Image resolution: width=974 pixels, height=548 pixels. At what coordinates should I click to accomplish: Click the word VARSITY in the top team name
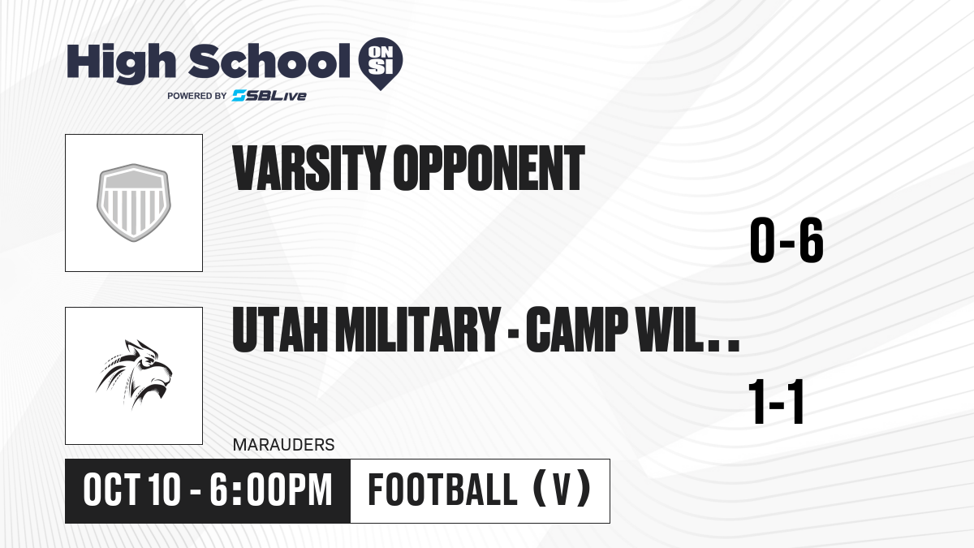[x=309, y=168]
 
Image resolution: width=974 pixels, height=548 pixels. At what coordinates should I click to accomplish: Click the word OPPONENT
[x=489, y=168]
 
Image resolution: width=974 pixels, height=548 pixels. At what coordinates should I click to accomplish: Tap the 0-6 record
[x=787, y=240]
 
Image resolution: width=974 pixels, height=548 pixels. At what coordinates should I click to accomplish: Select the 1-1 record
[x=776, y=402]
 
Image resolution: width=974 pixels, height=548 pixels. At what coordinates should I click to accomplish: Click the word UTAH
[x=280, y=329]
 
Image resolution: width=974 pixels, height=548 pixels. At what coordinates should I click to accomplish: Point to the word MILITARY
[x=418, y=329]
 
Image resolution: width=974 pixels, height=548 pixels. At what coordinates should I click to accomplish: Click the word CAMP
[x=576, y=329]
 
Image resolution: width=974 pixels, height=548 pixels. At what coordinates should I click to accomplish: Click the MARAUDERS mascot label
[x=283, y=445]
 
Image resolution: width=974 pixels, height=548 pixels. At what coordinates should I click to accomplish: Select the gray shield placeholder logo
[x=134, y=203]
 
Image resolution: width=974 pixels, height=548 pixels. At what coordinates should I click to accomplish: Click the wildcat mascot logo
[x=134, y=375]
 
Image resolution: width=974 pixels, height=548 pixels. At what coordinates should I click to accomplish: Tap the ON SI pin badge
[x=381, y=63]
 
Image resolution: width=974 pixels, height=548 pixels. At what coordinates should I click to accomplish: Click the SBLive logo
[x=269, y=96]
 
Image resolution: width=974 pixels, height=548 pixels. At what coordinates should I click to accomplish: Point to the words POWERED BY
[x=197, y=96]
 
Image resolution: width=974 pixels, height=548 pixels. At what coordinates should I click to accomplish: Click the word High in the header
[x=121, y=63]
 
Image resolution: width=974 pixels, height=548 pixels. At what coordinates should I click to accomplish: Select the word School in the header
[x=269, y=61]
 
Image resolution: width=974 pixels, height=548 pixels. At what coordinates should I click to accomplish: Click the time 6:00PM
[x=271, y=490]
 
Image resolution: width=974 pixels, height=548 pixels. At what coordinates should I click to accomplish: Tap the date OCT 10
[x=131, y=490]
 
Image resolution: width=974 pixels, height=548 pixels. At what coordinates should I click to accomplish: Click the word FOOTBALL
[x=442, y=490]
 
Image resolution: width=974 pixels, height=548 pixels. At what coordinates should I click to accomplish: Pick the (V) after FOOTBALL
[x=562, y=490]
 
